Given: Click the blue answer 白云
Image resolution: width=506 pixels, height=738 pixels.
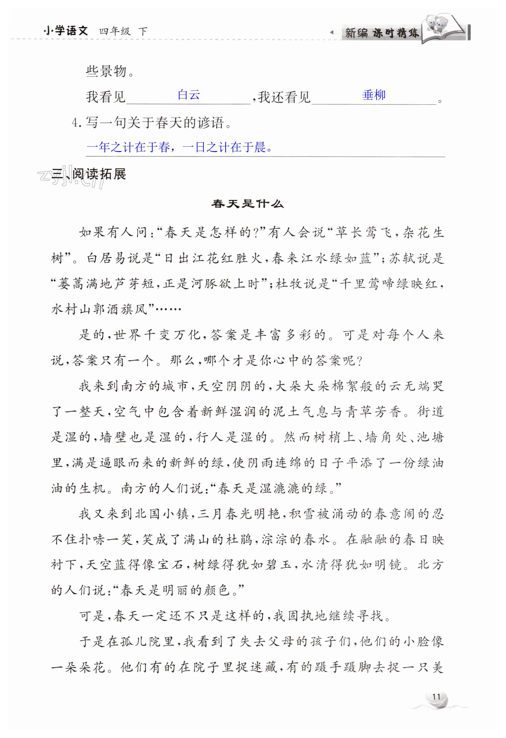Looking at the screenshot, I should [189, 95].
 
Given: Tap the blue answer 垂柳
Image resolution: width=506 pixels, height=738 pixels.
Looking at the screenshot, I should [374, 95].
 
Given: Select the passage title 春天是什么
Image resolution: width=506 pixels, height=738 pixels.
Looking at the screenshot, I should [247, 203].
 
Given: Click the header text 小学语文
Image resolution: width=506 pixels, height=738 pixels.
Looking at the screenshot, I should [66, 31].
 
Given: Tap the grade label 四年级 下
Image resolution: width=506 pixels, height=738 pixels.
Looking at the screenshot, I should [123, 31].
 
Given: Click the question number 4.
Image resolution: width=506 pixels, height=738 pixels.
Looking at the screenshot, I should [75, 122].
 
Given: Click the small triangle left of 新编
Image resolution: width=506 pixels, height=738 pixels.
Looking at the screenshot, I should [332, 32].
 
